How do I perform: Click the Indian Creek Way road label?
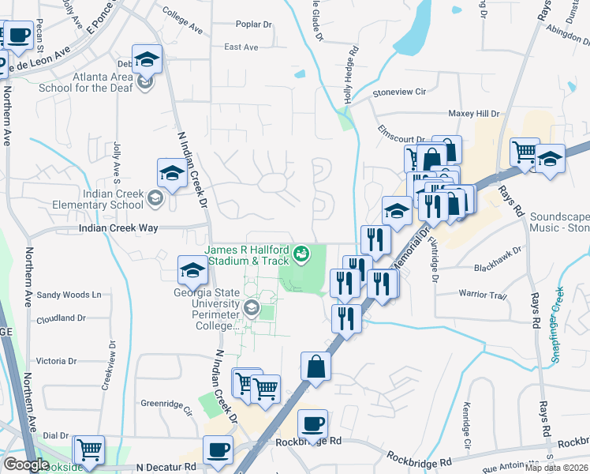[x=119, y=228]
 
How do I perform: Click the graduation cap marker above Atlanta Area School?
[x=147, y=59]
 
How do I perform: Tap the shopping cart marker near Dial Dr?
[x=89, y=450]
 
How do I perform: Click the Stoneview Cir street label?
[x=398, y=92]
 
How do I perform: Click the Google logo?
[x=26, y=465]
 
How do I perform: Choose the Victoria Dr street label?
[x=56, y=361]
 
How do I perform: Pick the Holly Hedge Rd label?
[x=352, y=75]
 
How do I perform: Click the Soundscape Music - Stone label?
[x=559, y=221]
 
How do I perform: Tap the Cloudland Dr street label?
[x=61, y=318]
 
